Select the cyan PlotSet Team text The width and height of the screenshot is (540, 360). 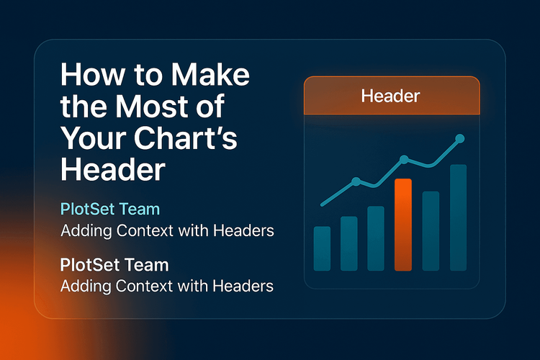click(x=110, y=210)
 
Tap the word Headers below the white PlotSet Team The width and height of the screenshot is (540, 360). click(x=243, y=286)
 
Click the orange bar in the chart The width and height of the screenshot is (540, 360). click(x=403, y=225)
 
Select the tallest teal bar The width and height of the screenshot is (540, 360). click(x=458, y=217)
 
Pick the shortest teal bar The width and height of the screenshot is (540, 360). click(x=323, y=248)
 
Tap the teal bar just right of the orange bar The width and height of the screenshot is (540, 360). click(x=431, y=230)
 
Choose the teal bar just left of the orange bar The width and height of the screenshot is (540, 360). click(x=376, y=238)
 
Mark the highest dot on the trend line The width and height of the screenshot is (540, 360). click(x=460, y=138)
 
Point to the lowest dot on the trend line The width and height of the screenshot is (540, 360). click(x=355, y=181)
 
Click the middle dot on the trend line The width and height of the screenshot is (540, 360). click(x=404, y=159)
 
